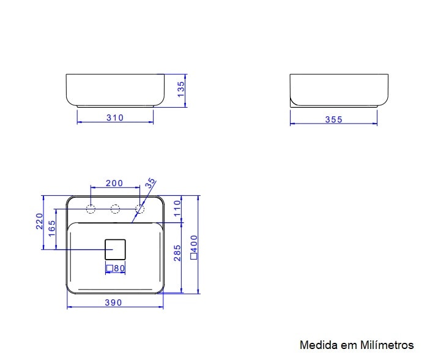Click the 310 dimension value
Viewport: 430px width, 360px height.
[115, 118]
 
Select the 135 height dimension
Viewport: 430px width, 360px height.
[180, 90]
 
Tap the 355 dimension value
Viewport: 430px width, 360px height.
[333, 119]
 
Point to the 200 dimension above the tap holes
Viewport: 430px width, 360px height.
[114, 183]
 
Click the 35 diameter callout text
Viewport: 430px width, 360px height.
[150, 184]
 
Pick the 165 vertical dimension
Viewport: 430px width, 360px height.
[52, 228]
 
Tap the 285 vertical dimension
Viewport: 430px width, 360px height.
[177, 253]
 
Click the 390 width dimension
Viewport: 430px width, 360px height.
[113, 302]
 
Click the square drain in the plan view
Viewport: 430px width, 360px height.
[115, 249]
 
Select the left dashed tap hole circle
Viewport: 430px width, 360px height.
[91, 209]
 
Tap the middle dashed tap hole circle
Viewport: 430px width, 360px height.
[115, 209]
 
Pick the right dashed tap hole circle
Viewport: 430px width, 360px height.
[139, 209]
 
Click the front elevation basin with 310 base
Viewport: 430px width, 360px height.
[115, 89]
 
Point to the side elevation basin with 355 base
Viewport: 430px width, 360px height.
[338, 89]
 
